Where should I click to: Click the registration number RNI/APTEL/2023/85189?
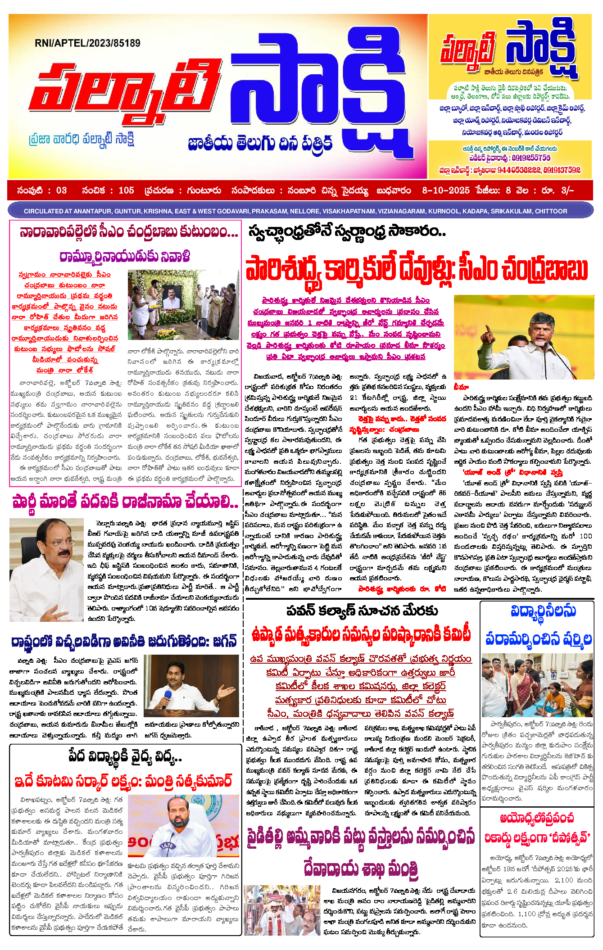tap(87, 43)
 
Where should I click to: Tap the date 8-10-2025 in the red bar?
tap(445, 190)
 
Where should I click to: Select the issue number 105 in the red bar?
tap(126, 190)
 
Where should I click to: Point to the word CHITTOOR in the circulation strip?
tap(551, 211)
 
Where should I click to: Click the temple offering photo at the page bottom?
tap(282, 909)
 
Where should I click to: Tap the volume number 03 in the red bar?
tap(61, 190)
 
